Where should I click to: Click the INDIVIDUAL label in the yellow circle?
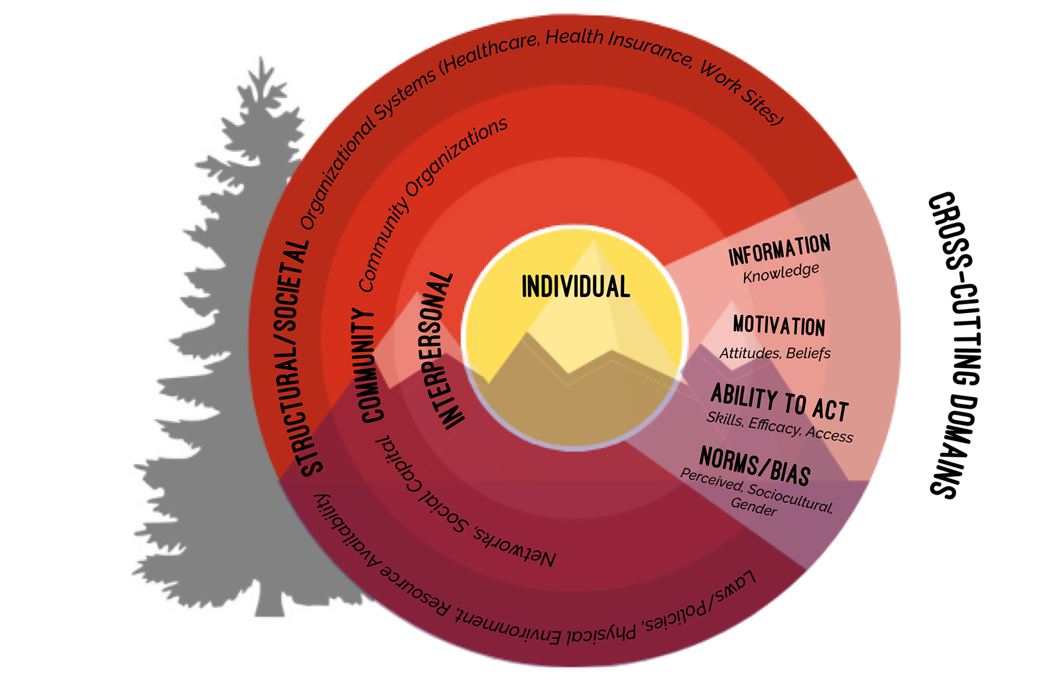[x=576, y=286]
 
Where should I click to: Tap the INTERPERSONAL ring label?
[x=447, y=351]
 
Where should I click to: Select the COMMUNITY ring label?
[x=367, y=365]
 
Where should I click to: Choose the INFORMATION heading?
[x=779, y=249]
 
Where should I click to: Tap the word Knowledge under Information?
[x=780, y=273]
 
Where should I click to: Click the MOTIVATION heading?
[x=779, y=326]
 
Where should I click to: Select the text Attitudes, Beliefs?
[x=775, y=353]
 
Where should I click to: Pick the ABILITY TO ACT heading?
[x=779, y=403]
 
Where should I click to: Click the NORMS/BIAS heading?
[x=755, y=466]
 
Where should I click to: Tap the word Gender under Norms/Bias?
[x=753, y=507]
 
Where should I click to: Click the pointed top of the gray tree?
[x=261, y=57]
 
